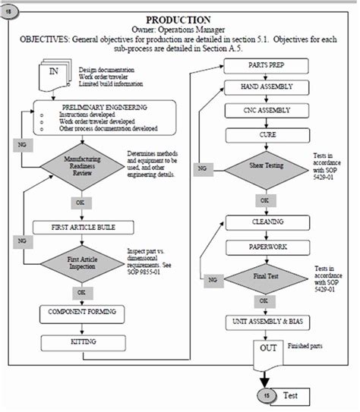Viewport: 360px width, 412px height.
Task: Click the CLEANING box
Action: point(261,222)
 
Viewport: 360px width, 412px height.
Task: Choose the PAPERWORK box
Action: point(261,247)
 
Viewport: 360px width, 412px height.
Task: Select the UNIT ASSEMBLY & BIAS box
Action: point(261,322)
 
